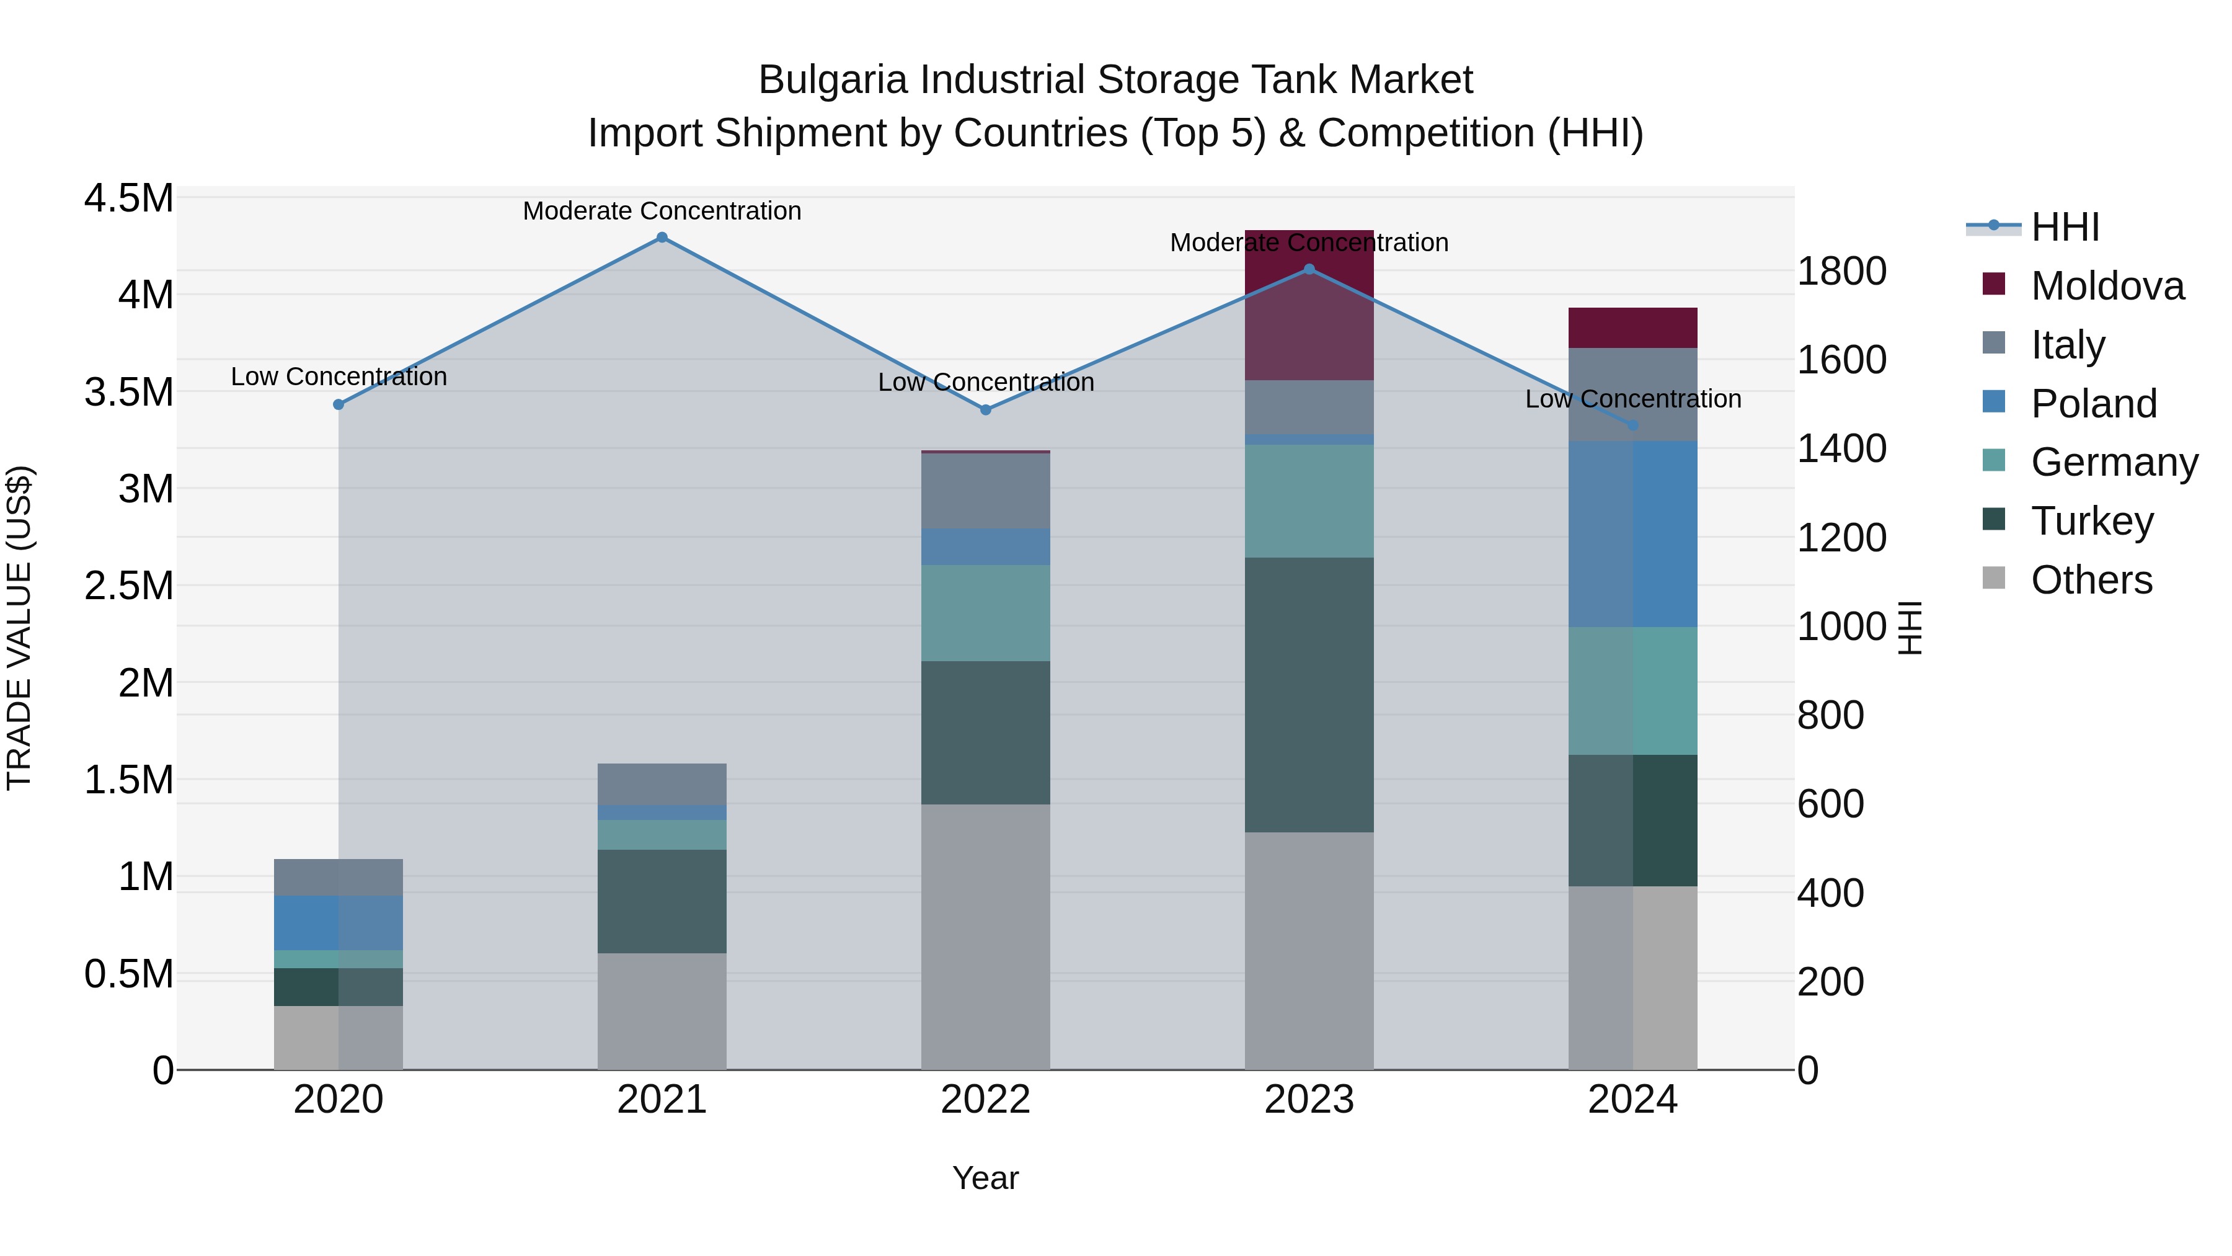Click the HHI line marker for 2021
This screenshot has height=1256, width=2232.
click(x=662, y=238)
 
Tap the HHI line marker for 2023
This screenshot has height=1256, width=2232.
click(x=1309, y=270)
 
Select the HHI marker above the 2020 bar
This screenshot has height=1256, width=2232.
click(x=339, y=405)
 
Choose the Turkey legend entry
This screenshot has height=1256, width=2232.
click(x=2092, y=521)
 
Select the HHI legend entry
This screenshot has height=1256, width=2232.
click(x=2064, y=227)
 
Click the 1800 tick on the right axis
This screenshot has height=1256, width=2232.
click(x=1841, y=271)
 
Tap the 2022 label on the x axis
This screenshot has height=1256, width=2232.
click(x=985, y=1100)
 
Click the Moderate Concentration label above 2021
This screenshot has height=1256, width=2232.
click(x=662, y=211)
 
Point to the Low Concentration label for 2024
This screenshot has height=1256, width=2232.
click(x=1632, y=399)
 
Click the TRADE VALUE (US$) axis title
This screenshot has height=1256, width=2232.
click(x=19, y=628)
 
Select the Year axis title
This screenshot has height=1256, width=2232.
click(x=985, y=1178)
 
